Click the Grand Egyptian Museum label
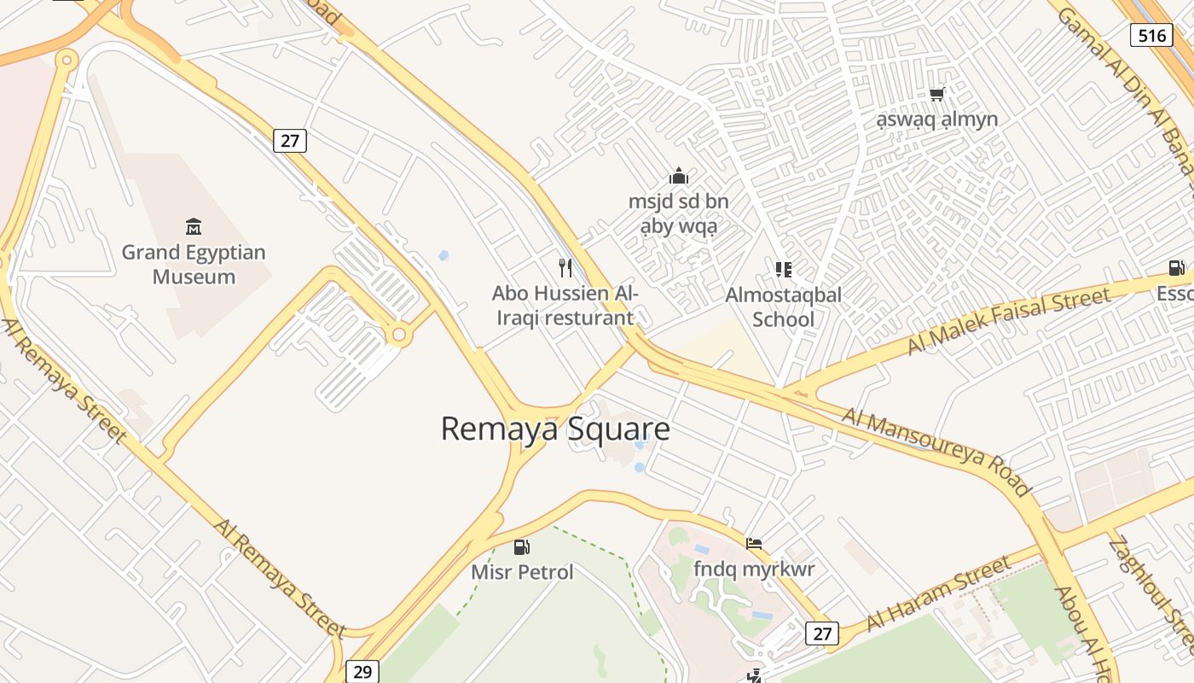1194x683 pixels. tap(194, 264)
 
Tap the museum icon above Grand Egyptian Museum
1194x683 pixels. tap(194, 227)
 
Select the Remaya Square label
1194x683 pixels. tap(555, 429)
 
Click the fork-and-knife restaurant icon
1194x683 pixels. tap(565, 268)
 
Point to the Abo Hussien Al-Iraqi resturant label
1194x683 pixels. tap(565, 306)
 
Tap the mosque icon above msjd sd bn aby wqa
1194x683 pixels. tap(679, 177)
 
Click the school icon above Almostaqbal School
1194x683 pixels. tap(783, 270)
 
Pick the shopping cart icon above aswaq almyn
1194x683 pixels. tap(937, 94)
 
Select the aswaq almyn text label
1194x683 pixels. tap(937, 119)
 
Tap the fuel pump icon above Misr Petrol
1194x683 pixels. tap(522, 546)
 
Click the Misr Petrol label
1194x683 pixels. tap(522, 571)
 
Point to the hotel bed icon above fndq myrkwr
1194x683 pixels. tap(754, 543)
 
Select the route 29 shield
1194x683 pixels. tap(362, 672)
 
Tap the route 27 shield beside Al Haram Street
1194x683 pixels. tap(822, 633)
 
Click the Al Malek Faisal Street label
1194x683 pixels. tap(1009, 320)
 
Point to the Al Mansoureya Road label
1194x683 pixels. tap(936, 452)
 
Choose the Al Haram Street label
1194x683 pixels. tap(938, 593)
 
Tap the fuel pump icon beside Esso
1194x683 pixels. tap(1177, 268)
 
